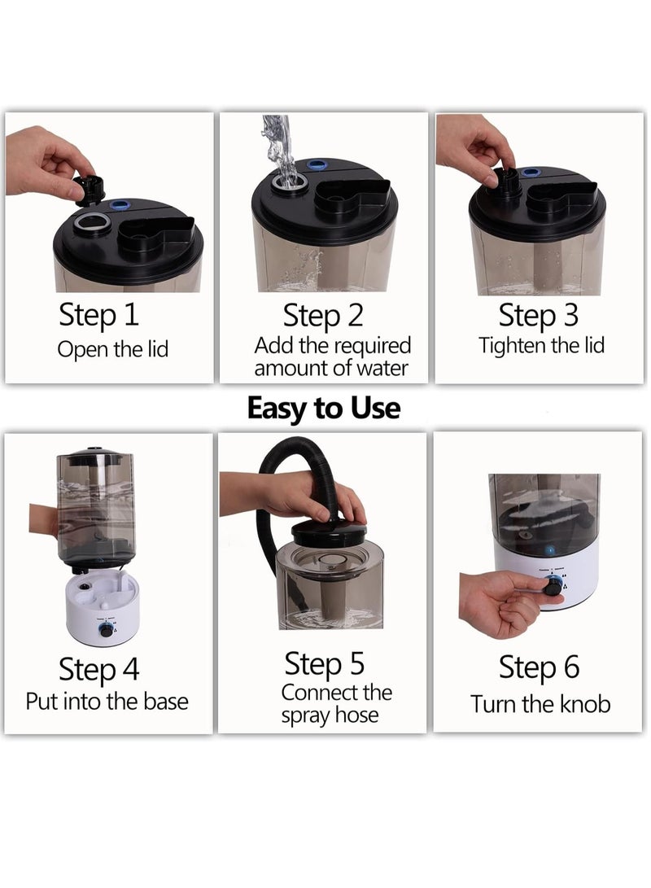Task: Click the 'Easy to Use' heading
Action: (324, 409)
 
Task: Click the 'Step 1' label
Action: (99, 315)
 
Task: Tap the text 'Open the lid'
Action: (112, 349)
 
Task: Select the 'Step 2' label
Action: (323, 316)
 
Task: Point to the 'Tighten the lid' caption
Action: (542, 345)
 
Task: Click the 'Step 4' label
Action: (99, 669)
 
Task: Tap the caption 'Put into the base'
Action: (107, 702)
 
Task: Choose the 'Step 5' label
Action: (325, 663)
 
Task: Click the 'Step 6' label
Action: (539, 667)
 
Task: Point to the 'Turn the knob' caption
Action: (540, 705)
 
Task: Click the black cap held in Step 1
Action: (90, 189)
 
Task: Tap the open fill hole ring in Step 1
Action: (92, 223)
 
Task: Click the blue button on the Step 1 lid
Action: (119, 203)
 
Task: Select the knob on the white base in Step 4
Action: (106, 630)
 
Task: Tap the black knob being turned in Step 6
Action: (552, 588)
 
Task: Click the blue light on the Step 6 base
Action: (548, 549)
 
